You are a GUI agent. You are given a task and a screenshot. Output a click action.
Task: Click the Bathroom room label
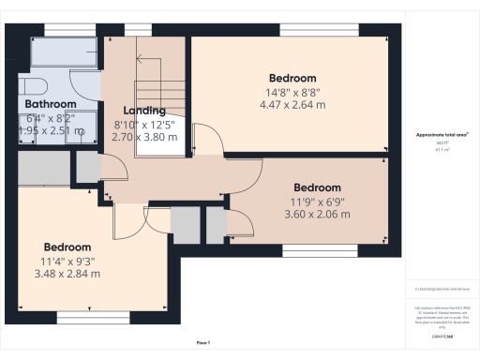(x=51, y=103)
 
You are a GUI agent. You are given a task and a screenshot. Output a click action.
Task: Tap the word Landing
(x=145, y=111)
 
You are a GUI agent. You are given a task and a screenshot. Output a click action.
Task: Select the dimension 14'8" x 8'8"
(x=292, y=92)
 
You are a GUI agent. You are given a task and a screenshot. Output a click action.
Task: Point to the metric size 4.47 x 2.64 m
(x=292, y=106)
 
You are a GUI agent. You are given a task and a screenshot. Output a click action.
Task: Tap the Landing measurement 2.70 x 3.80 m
(x=145, y=137)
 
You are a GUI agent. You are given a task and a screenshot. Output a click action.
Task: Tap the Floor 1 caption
(x=203, y=344)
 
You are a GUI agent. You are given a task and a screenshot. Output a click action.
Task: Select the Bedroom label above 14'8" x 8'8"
(x=292, y=78)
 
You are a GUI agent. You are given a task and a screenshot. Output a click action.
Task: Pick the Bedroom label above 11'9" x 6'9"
(x=317, y=187)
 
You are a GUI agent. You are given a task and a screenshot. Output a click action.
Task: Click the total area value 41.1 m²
(x=442, y=148)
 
